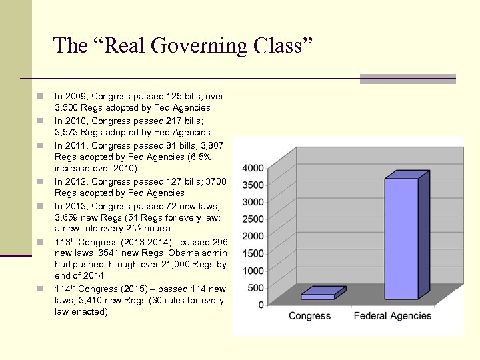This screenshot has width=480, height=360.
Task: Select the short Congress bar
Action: click(x=318, y=297)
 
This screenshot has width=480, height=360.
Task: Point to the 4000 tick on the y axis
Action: click(x=252, y=167)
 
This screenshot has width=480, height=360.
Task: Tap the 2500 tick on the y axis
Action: click(x=252, y=219)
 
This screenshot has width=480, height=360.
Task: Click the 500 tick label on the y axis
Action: click(x=255, y=287)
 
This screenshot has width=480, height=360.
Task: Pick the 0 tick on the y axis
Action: click(x=261, y=305)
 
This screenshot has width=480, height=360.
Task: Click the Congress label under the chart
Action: click(x=309, y=316)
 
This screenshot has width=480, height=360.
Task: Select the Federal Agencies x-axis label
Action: click(x=393, y=316)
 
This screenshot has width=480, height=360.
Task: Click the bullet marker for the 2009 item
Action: click(x=41, y=97)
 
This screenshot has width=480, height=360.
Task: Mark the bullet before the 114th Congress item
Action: click(x=41, y=289)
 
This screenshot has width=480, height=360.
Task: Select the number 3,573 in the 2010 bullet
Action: click(x=67, y=132)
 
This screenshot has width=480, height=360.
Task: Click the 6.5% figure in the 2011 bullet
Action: click(x=199, y=157)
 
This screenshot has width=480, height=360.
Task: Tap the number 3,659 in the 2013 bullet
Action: click(x=67, y=217)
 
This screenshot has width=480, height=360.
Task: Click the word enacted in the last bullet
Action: click(x=90, y=311)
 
